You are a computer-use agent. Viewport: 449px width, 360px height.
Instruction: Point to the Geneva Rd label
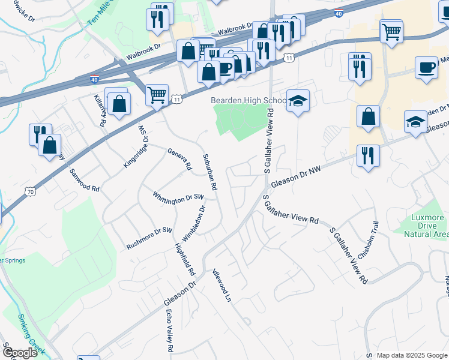point(179,159)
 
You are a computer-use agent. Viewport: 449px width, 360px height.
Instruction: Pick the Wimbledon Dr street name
point(194,224)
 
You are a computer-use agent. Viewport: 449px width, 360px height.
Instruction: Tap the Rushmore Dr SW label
point(149,239)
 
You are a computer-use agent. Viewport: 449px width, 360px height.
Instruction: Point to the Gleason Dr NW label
point(296,178)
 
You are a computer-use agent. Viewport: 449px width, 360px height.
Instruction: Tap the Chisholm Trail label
point(368,238)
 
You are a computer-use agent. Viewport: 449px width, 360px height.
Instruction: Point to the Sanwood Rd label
point(84,179)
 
